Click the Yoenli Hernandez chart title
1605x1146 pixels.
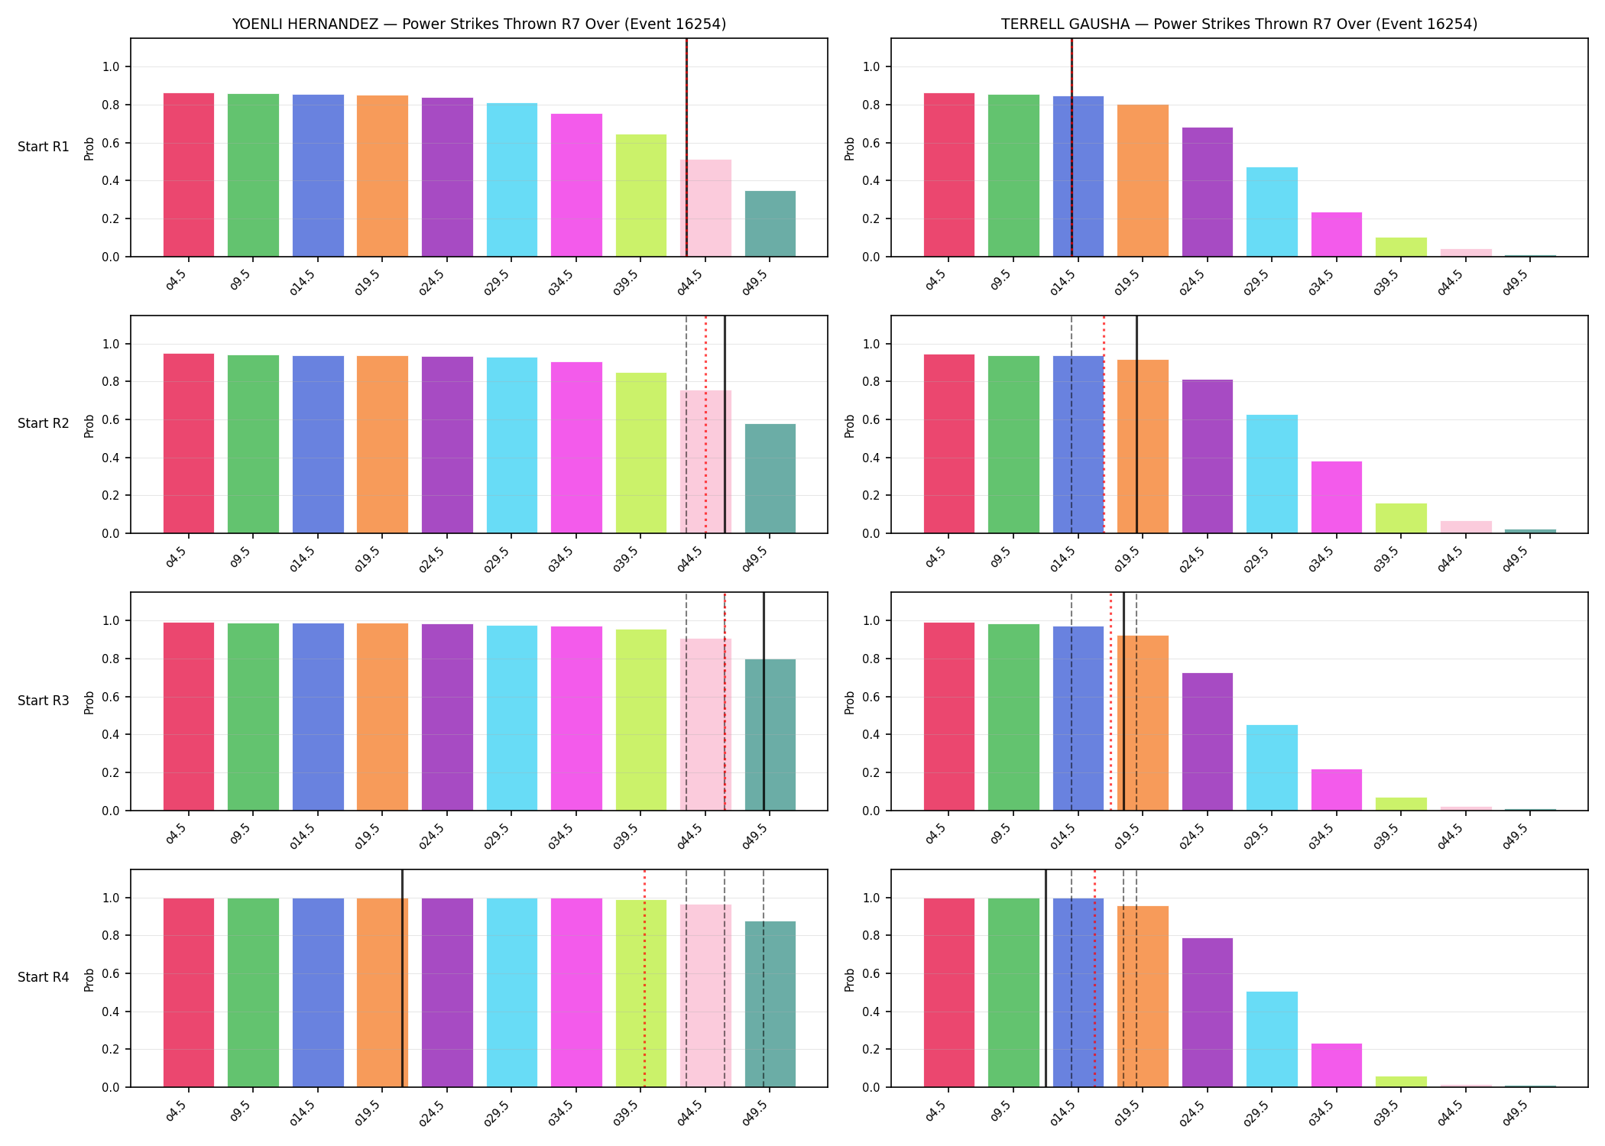[479, 24]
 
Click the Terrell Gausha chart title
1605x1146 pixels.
[1239, 24]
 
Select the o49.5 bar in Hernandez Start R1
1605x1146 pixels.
[770, 224]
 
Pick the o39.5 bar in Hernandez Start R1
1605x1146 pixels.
[641, 196]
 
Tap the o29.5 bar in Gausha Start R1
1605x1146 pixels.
[1272, 212]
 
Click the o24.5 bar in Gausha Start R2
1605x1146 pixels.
[1208, 456]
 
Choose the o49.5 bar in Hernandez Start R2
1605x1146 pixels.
[770, 478]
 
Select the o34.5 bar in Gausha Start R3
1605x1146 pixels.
[1337, 790]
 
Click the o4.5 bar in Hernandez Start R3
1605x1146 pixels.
[189, 717]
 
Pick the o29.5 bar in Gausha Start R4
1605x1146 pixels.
[1272, 1039]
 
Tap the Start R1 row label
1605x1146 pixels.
[44, 147]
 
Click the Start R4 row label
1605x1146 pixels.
[44, 977]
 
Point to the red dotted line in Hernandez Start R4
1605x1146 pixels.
[644, 978]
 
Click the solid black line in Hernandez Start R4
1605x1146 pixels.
[402, 978]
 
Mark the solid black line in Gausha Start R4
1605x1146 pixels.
[1046, 978]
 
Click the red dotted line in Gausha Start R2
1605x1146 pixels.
[1104, 424]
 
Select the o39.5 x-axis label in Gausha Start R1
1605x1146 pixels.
[1386, 281]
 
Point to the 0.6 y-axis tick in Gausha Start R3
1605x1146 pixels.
[871, 697]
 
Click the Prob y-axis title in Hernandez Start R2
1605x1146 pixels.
[89, 426]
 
